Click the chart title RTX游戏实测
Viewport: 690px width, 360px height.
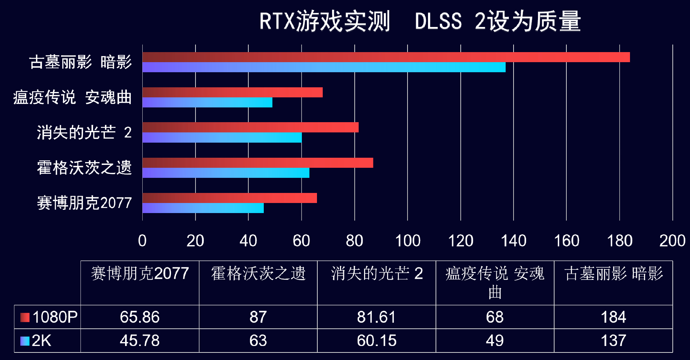pyautogui.click(x=325, y=21)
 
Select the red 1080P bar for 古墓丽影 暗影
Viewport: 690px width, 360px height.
pyautogui.click(x=386, y=57)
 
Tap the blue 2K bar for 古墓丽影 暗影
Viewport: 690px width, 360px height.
pyautogui.click(x=323, y=67)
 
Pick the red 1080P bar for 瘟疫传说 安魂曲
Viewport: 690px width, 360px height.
pyautogui.click(x=232, y=93)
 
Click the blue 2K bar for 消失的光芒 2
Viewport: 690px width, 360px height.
pyautogui.click(x=222, y=138)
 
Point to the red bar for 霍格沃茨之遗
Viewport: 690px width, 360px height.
pyautogui.click(x=257, y=163)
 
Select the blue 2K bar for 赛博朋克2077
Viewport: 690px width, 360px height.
pyautogui.click(x=203, y=208)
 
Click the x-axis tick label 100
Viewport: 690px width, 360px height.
pyautogui.click(x=408, y=241)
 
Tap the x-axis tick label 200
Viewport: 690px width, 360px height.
pyautogui.click(x=672, y=241)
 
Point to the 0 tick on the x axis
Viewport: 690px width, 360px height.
pyautogui.click(x=142, y=241)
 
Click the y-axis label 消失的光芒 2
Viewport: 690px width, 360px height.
pyautogui.click(x=84, y=133)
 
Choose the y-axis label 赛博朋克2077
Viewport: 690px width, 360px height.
pyautogui.click(x=84, y=203)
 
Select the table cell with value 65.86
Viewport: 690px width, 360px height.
pyautogui.click(x=140, y=317)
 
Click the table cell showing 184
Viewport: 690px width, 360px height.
pyautogui.click(x=613, y=317)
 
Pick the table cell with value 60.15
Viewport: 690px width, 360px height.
pyautogui.click(x=376, y=341)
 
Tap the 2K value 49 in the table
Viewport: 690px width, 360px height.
pyautogui.click(x=494, y=341)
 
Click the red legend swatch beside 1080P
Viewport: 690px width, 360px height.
pyautogui.click(x=25, y=317)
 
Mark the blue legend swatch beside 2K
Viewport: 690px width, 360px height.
pyautogui.click(x=25, y=341)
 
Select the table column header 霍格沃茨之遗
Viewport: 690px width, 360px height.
pyautogui.click(x=258, y=274)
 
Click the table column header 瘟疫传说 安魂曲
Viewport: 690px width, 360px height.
pyautogui.click(x=494, y=282)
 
